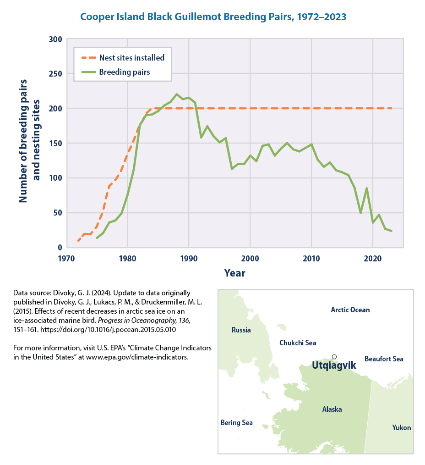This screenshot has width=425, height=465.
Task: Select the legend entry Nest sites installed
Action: (131, 58)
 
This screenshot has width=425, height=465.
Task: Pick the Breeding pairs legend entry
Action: (125, 72)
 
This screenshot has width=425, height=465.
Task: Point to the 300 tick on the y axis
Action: (55, 39)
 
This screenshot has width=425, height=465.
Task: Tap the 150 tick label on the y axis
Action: (55, 144)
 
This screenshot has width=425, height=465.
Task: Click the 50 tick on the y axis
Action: (57, 213)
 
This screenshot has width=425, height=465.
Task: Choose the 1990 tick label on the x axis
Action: (189, 258)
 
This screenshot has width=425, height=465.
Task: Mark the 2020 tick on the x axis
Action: (373, 258)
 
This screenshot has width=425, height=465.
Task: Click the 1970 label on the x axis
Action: (66, 258)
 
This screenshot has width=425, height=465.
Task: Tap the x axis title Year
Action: (234, 273)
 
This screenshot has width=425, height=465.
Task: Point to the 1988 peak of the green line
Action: (177, 94)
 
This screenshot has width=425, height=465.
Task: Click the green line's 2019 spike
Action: (367, 188)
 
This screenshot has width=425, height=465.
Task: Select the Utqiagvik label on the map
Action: (333, 365)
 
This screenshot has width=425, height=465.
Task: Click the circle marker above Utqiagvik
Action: (334, 356)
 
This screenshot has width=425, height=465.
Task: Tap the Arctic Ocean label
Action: (350, 310)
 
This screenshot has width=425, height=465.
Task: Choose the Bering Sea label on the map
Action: (236, 423)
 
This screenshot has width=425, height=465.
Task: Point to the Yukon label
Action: (402, 428)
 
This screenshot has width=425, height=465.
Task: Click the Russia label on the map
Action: (241, 330)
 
